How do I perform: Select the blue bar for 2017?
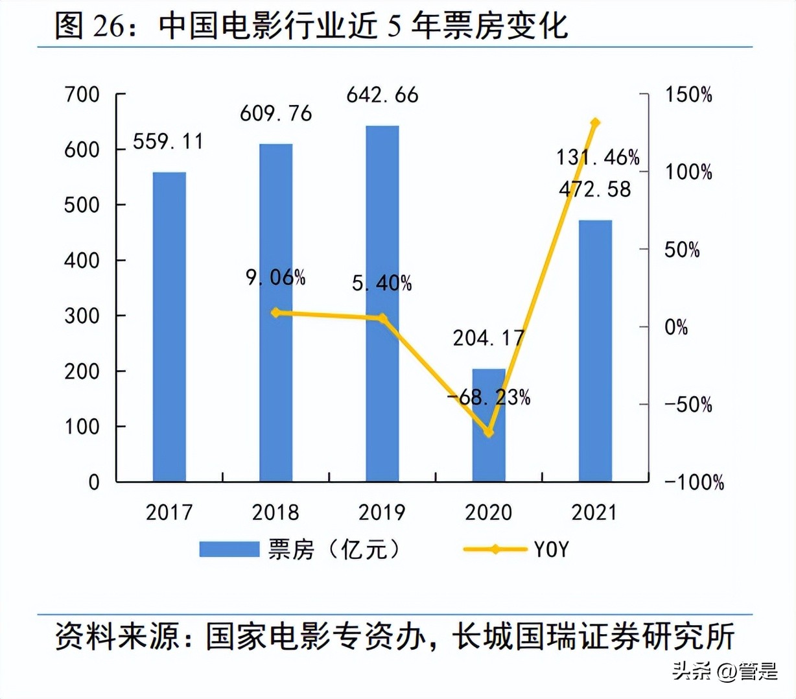[x=169, y=327]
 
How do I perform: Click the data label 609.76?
[x=275, y=113]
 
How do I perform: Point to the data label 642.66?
[x=382, y=95]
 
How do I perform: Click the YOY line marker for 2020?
[x=489, y=432]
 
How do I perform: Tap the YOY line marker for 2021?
[x=595, y=123]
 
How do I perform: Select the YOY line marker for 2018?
[x=275, y=313]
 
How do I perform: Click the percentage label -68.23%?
[x=489, y=397]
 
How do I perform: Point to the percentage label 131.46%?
[x=598, y=157]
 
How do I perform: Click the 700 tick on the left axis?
[x=82, y=95]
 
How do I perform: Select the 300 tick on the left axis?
[x=82, y=316]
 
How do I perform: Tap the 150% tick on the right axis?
[x=688, y=95]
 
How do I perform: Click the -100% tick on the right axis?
[x=694, y=482]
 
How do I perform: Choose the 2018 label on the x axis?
[x=275, y=512]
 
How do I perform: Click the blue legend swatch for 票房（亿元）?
[x=228, y=550]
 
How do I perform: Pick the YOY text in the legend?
[x=551, y=550]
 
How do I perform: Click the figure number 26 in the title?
[x=108, y=26]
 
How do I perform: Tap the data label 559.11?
[x=169, y=141]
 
